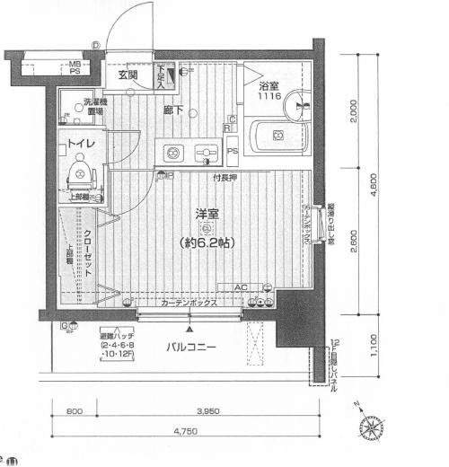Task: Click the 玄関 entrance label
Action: pos(128,75)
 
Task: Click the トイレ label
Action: pos(84,141)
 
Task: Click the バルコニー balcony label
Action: pos(192,346)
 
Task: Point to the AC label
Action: pos(240,287)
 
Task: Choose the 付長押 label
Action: pos(224,177)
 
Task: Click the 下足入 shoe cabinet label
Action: pos(162,76)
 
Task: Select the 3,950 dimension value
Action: pos(208,411)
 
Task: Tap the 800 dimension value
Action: pos(75,411)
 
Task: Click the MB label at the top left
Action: pos(76,64)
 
